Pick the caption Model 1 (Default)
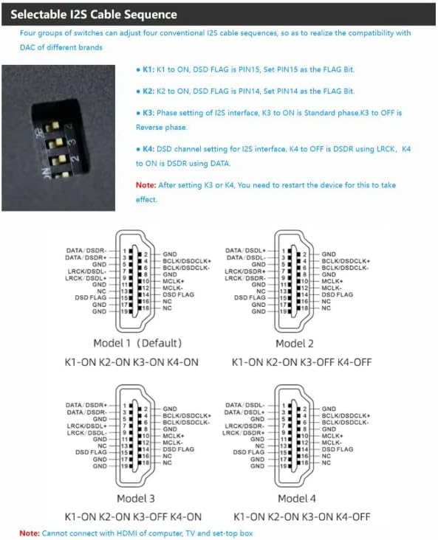click(x=137, y=343)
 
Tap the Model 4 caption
click(x=295, y=498)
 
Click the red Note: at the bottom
click(x=30, y=533)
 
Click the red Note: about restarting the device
click(x=146, y=185)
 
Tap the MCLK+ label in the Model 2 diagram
click(x=332, y=281)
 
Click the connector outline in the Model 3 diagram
click(x=134, y=435)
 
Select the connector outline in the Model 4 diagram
click(x=294, y=435)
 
